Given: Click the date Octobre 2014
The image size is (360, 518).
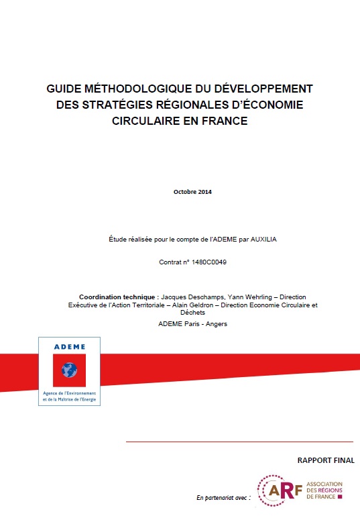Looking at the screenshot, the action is [x=192, y=192].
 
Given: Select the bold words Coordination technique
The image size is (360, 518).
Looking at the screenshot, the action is [x=117, y=296].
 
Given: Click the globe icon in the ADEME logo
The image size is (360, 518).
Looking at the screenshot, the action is [x=70, y=369].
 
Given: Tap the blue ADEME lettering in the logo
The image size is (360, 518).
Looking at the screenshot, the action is [x=70, y=347].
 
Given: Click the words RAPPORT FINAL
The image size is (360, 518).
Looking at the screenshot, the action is [x=326, y=460].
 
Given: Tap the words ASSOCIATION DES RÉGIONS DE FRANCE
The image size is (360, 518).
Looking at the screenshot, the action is [x=324, y=491].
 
